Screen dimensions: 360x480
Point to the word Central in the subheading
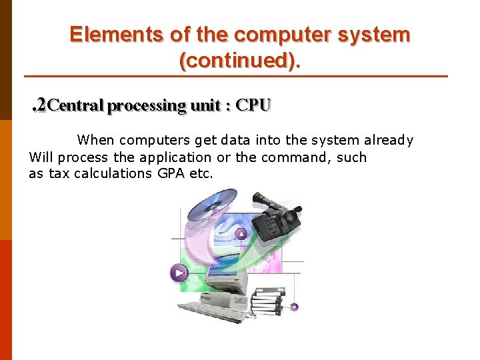pos(76,105)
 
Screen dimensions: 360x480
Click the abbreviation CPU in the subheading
pos(254,105)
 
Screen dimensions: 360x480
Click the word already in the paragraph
pos(389,140)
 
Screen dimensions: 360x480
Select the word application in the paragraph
pos(175,157)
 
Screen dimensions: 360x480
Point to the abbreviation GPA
pos(171,174)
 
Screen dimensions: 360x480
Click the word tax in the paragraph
pos(59,174)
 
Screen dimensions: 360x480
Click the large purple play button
pos(178,272)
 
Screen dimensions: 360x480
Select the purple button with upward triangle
pos(241,233)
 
